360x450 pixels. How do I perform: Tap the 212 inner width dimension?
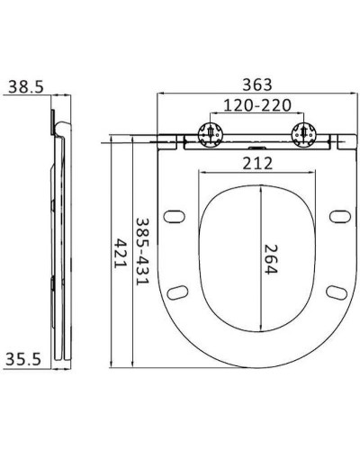click(257, 163)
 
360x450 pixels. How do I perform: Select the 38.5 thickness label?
click(24, 86)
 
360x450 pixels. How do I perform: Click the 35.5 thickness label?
click(24, 359)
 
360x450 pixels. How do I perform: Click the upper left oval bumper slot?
click(175, 216)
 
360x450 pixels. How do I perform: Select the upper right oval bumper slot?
click(338, 216)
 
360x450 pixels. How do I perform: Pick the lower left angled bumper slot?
click(178, 292)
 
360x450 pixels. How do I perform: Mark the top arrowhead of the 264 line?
click(260, 188)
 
